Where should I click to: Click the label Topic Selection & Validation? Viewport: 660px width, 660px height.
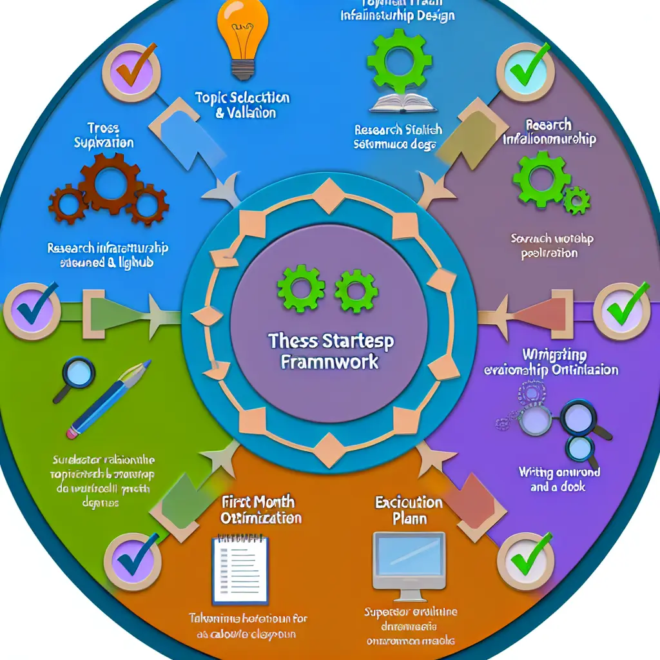pos(242,105)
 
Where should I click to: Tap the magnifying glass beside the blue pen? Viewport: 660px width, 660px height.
pos(78,374)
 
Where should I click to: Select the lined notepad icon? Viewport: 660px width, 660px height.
pos(240,568)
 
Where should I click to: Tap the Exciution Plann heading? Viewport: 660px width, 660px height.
pos(409,510)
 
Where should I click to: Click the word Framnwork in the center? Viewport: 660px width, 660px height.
pos(329,360)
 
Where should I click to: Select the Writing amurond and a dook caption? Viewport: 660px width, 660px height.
pos(559,480)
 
